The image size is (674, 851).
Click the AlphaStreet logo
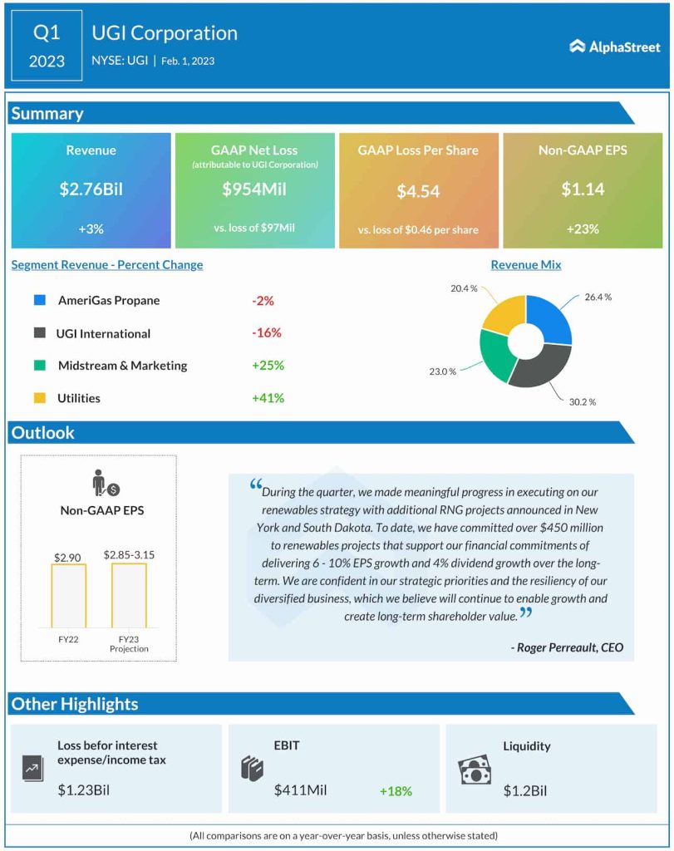point(614,47)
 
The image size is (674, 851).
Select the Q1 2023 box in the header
point(47,46)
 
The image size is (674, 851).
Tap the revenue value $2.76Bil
point(91,189)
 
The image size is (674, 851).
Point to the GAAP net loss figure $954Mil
point(254,189)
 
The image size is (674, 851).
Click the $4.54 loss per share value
point(418,192)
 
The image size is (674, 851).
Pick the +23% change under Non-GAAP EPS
point(582,229)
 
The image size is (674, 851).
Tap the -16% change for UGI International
point(267,332)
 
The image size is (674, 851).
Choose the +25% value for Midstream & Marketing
point(268,365)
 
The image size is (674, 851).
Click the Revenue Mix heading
point(525,264)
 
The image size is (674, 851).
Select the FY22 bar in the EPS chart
point(68,595)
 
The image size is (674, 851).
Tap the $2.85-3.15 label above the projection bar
point(129,553)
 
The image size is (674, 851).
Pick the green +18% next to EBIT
point(396,791)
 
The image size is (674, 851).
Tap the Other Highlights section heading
point(75,704)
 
